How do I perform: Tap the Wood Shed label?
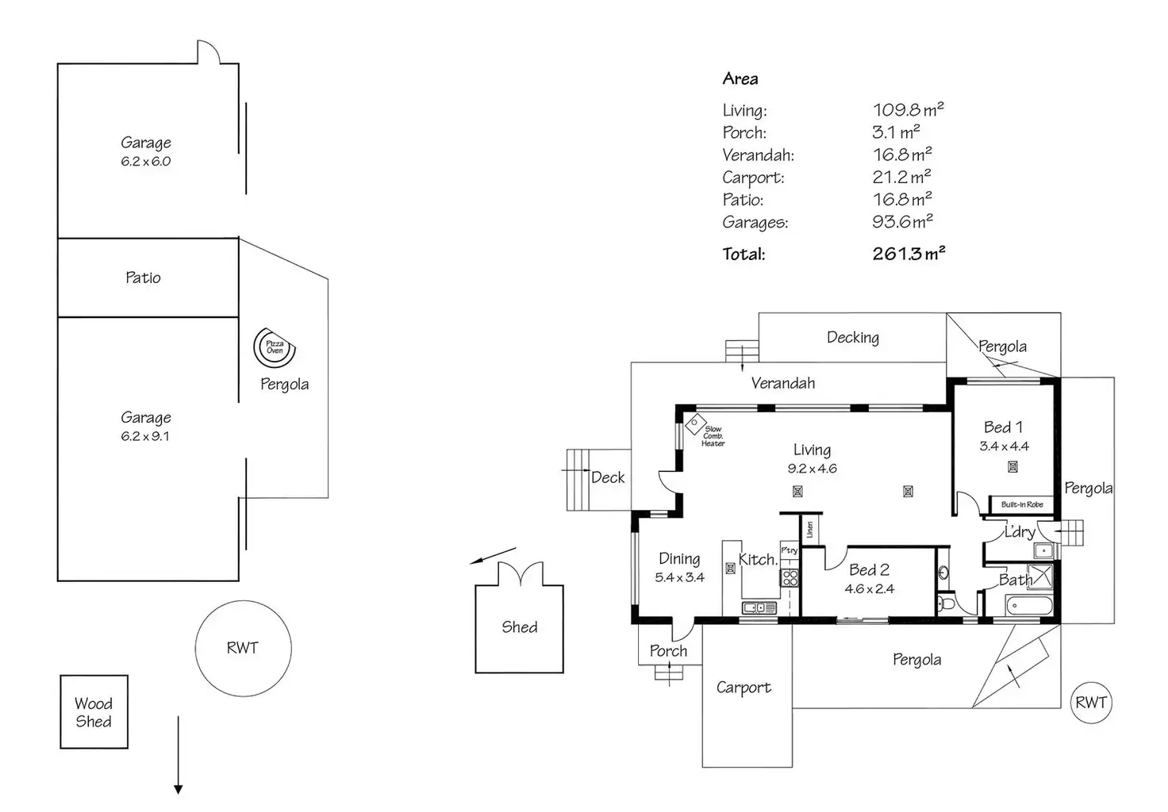coord(94,712)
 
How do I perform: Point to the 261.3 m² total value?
coord(909,253)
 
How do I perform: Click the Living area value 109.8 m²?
coord(908,109)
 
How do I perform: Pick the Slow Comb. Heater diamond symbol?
coord(695,423)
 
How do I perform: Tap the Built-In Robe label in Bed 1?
coord(1022,504)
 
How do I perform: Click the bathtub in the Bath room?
coord(1029,606)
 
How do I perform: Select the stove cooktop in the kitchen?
coord(790,577)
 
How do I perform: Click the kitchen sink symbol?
coord(759,607)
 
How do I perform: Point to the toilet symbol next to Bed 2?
coord(946,604)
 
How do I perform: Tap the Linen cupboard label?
coord(810,530)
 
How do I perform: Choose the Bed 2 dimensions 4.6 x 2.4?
coord(869,589)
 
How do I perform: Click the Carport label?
coord(743,688)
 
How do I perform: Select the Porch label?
coord(668,651)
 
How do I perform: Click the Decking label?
coord(853,338)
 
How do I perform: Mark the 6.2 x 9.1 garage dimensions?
coord(145,436)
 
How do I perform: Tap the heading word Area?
coord(740,79)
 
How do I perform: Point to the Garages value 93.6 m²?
coord(902,221)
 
